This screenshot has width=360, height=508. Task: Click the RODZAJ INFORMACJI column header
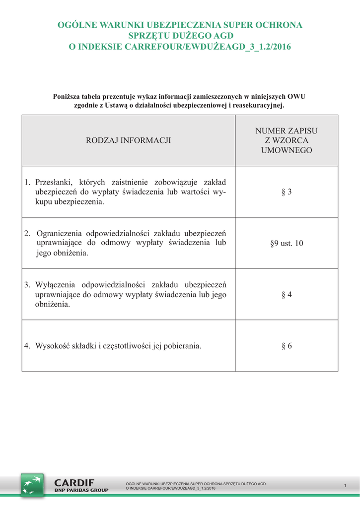pos(128,140)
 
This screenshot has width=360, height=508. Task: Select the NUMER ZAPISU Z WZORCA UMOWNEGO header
pos(287,140)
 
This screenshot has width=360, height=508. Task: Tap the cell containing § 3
pos(287,192)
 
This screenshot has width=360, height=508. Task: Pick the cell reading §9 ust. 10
pos(287,244)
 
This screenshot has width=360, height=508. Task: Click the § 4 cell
pos(287,295)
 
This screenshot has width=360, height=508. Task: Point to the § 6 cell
pos(287,346)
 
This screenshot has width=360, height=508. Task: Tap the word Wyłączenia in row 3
pos(55,285)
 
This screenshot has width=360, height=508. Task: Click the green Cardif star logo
pos(32,485)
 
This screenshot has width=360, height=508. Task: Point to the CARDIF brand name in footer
pos(74,483)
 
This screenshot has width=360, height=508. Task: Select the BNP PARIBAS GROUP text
pos(81,490)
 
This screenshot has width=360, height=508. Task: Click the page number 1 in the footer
pos(345,485)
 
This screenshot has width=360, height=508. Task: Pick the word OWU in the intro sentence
pos(296,96)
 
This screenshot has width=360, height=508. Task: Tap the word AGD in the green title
pos(224,36)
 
